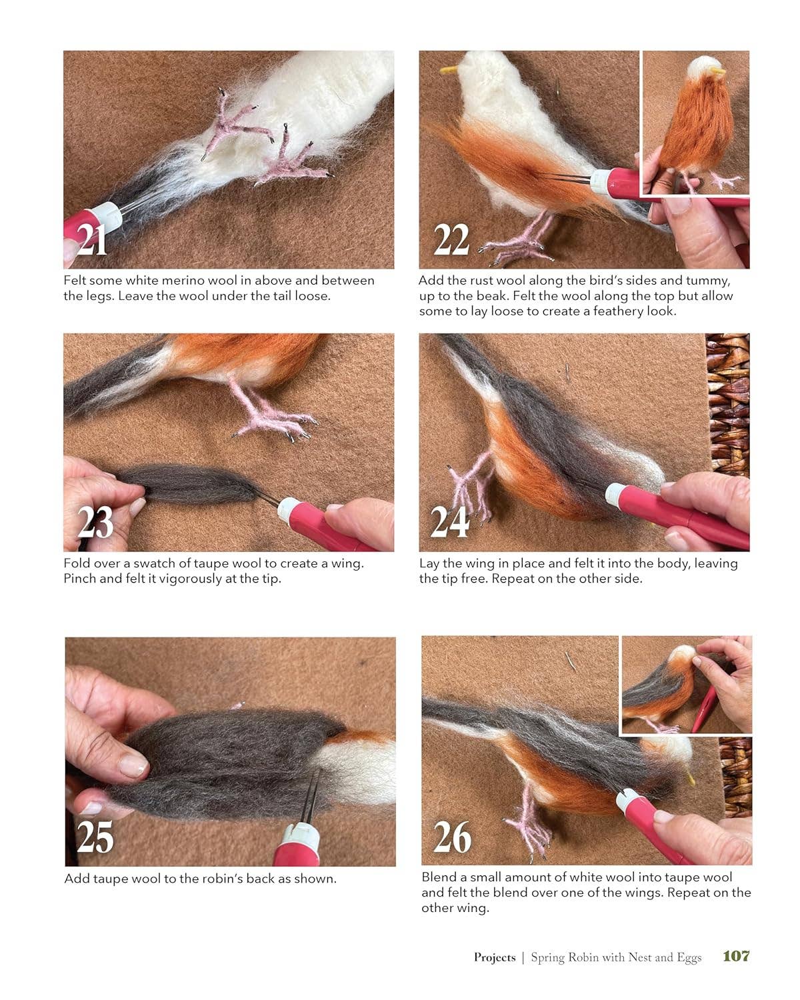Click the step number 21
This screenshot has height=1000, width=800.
click(x=92, y=239)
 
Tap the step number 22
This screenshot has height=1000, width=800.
click(x=451, y=239)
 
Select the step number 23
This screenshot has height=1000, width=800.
click(x=95, y=523)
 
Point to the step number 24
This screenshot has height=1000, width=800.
click(x=449, y=521)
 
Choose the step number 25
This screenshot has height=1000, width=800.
click(x=95, y=837)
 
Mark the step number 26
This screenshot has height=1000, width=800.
click(x=452, y=837)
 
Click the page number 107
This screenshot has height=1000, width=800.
click(x=736, y=956)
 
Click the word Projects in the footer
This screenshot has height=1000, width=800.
click(x=495, y=957)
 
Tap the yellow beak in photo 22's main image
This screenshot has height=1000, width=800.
click(x=449, y=69)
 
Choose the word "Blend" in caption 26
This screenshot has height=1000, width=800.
click(x=439, y=877)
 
